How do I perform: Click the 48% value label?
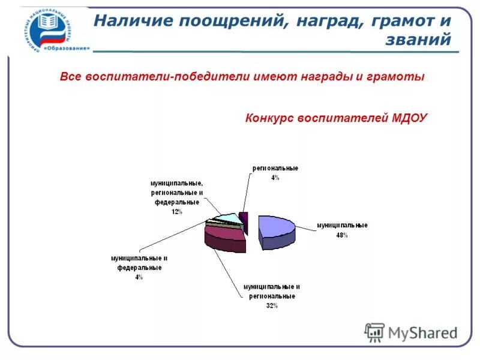[x=342, y=236]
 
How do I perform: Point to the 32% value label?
[x=272, y=306]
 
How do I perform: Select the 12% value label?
[x=176, y=212]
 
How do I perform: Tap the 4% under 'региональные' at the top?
[x=275, y=178]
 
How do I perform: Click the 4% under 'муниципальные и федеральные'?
[x=139, y=277]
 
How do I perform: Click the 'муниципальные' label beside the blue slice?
[x=342, y=226]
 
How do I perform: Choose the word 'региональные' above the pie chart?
[x=275, y=168]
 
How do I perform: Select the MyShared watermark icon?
[x=374, y=332]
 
